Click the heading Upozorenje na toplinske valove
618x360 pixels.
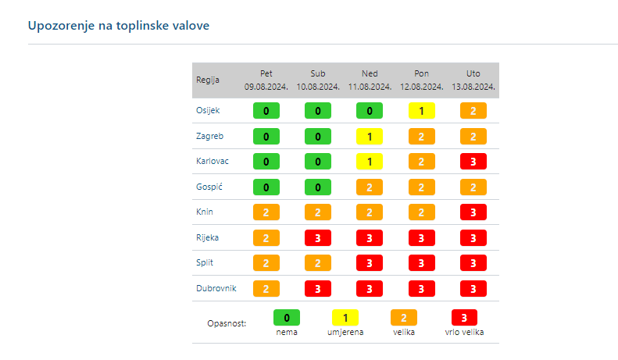(119, 26)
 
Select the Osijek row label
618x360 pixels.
(207, 110)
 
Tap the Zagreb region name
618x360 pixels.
(209, 136)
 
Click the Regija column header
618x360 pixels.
(207, 80)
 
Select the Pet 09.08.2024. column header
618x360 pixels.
(266, 80)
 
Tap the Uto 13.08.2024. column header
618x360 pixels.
(473, 80)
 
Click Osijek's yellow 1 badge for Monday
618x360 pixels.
(421, 111)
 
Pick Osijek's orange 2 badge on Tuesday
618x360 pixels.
(473, 111)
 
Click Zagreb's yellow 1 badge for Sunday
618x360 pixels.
(370, 136)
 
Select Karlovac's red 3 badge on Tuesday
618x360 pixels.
(473, 162)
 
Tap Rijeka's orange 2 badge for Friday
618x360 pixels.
(266, 237)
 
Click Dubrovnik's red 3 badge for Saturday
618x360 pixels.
(318, 288)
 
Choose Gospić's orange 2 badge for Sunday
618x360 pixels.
(370, 187)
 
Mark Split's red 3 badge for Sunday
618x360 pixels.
(370, 263)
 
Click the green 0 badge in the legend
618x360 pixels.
(287, 318)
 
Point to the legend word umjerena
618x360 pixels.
(345, 332)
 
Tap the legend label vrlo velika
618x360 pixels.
(465, 332)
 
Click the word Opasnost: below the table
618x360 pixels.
(227, 323)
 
